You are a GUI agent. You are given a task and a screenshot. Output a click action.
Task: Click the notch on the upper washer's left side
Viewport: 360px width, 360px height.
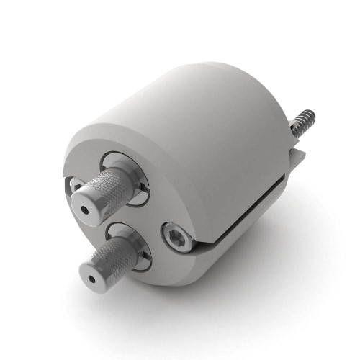tap(76, 185)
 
